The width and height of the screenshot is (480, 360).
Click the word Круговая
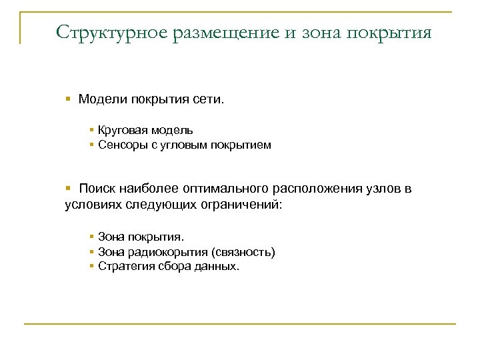coord(121,130)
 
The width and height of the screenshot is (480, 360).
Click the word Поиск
coord(97,189)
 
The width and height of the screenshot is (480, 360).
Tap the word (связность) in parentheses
coord(243,252)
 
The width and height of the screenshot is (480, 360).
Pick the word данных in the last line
coord(217,266)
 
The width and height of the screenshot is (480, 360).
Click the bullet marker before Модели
coord(69,100)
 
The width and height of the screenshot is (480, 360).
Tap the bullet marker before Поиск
coord(69,189)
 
